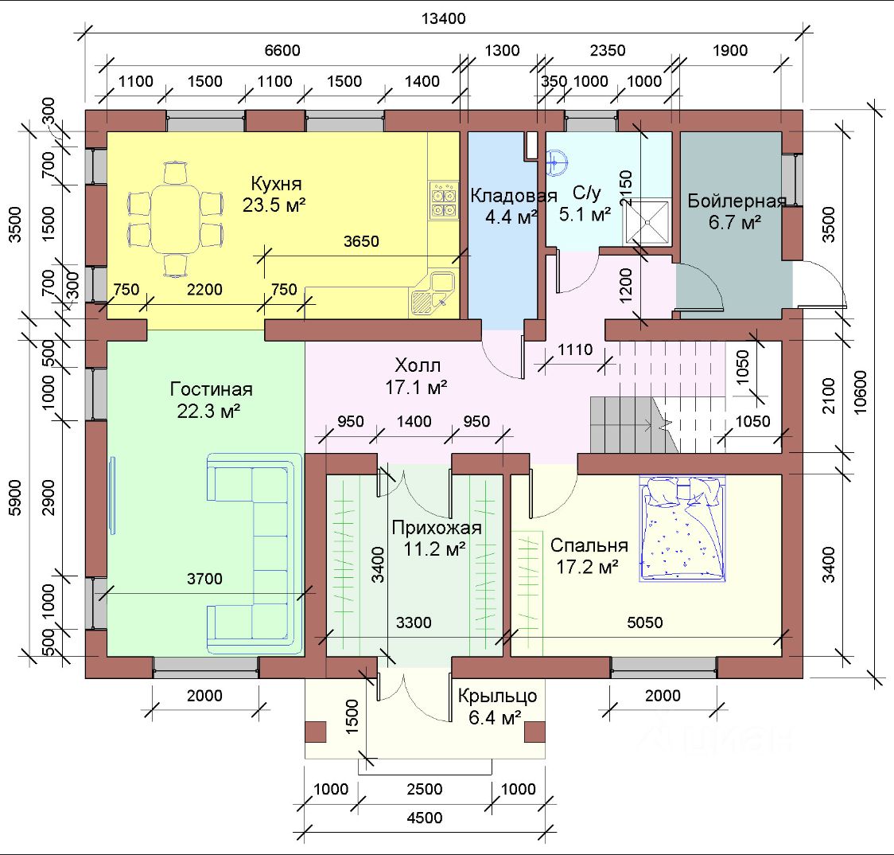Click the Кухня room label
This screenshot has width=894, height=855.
click(276, 184)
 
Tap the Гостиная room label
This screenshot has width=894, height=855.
click(211, 389)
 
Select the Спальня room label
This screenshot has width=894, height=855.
click(589, 545)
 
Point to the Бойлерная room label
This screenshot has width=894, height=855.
click(737, 201)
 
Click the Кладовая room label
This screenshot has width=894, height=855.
click(513, 197)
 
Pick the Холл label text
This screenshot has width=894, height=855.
click(418, 365)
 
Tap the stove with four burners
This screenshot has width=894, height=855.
click(444, 201)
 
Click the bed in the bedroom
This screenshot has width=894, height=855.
click(682, 529)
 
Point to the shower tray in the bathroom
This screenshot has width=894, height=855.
click(647, 221)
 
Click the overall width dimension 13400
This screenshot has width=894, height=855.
click(444, 19)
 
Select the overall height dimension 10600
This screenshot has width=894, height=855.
click(861, 392)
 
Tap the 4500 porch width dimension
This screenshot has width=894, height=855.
click(425, 818)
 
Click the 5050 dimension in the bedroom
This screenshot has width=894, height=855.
click(645, 622)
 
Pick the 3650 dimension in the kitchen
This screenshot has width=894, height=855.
click(361, 241)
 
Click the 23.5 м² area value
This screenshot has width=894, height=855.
click(274, 205)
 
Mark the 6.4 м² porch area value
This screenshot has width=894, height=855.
click(495, 717)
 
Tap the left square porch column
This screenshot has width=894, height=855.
click(316, 732)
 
